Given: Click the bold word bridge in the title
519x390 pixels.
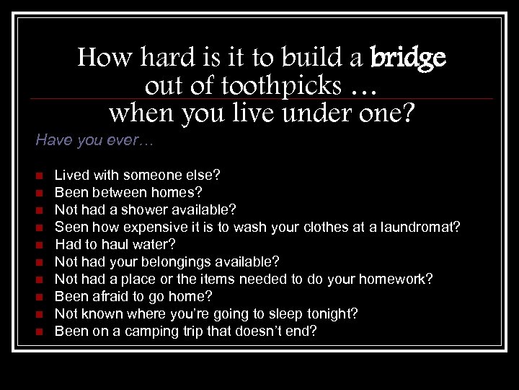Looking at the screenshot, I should pyautogui.click(x=408, y=57).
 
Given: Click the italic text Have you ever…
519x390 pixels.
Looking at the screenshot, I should pyautogui.click(x=94, y=140).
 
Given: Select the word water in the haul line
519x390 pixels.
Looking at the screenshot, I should pyautogui.click(x=152, y=244).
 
